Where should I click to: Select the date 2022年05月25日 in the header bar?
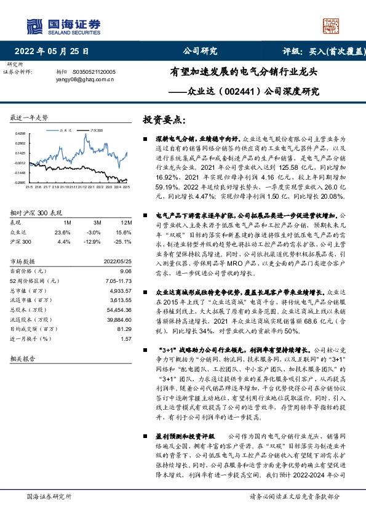point(55,51)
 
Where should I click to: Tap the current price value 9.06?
point(127,271)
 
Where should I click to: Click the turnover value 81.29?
point(125,330)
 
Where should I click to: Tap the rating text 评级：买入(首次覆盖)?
point(324,51)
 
